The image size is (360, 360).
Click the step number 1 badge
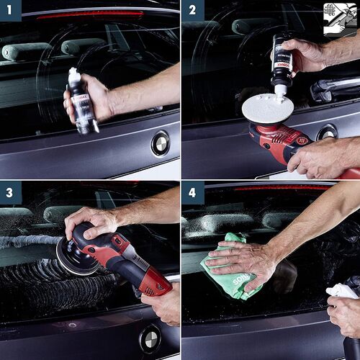click(x=11, y=10)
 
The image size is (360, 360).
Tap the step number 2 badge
click(x=192, y=10)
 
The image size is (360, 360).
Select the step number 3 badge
click(x=11, y=192)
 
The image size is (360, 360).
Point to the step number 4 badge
click(x=192, y=192)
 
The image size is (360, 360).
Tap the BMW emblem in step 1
click(x=160, y=143)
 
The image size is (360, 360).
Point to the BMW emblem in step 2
click(x=327, y=132)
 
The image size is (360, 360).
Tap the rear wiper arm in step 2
click(x=335, y=89)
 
